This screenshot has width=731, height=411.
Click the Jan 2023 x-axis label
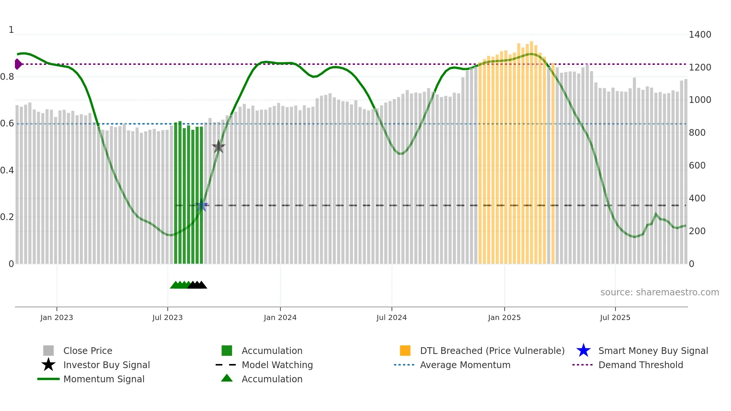[57, 317]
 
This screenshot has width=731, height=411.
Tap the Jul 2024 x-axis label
[392, 317]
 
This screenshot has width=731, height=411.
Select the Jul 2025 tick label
[615, 317]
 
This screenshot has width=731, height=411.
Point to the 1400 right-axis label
[700, 35]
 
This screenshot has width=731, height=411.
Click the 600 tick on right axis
[697, 166]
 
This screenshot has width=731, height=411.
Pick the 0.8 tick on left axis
[7, 77]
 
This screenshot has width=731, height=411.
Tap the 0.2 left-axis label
[7, 217]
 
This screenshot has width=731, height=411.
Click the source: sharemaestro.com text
[659, 292]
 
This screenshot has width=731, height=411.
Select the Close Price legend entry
[88, 351]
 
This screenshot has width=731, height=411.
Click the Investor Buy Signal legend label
[107, 365]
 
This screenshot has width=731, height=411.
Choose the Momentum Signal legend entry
[104, 379]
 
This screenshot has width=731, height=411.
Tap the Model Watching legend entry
[277, 365]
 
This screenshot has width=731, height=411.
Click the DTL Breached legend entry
[492, 351]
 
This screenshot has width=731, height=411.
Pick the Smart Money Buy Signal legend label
[653, 351]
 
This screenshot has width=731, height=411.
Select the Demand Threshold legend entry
[640, 365]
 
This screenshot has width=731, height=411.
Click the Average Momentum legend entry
[465, 365]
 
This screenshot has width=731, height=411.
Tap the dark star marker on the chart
[219, 147]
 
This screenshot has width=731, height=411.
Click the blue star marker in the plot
[202, 205]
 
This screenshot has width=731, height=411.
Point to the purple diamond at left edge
[18, 64]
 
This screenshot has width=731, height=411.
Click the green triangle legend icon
[227, 378]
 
